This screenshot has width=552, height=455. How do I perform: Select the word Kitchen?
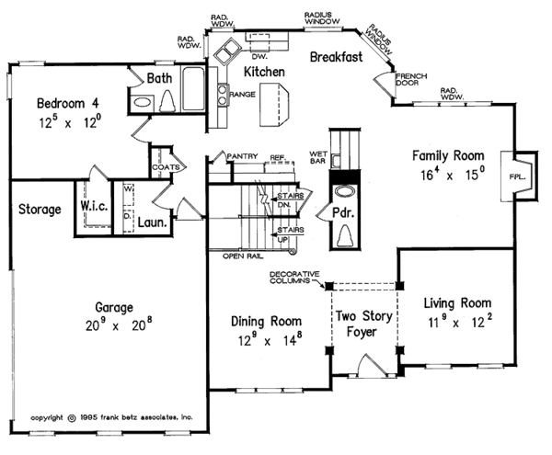(x=262, y=71)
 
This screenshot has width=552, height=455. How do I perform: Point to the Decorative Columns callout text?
(x=294, y=278)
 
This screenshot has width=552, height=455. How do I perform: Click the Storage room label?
(x=40, y=210)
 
